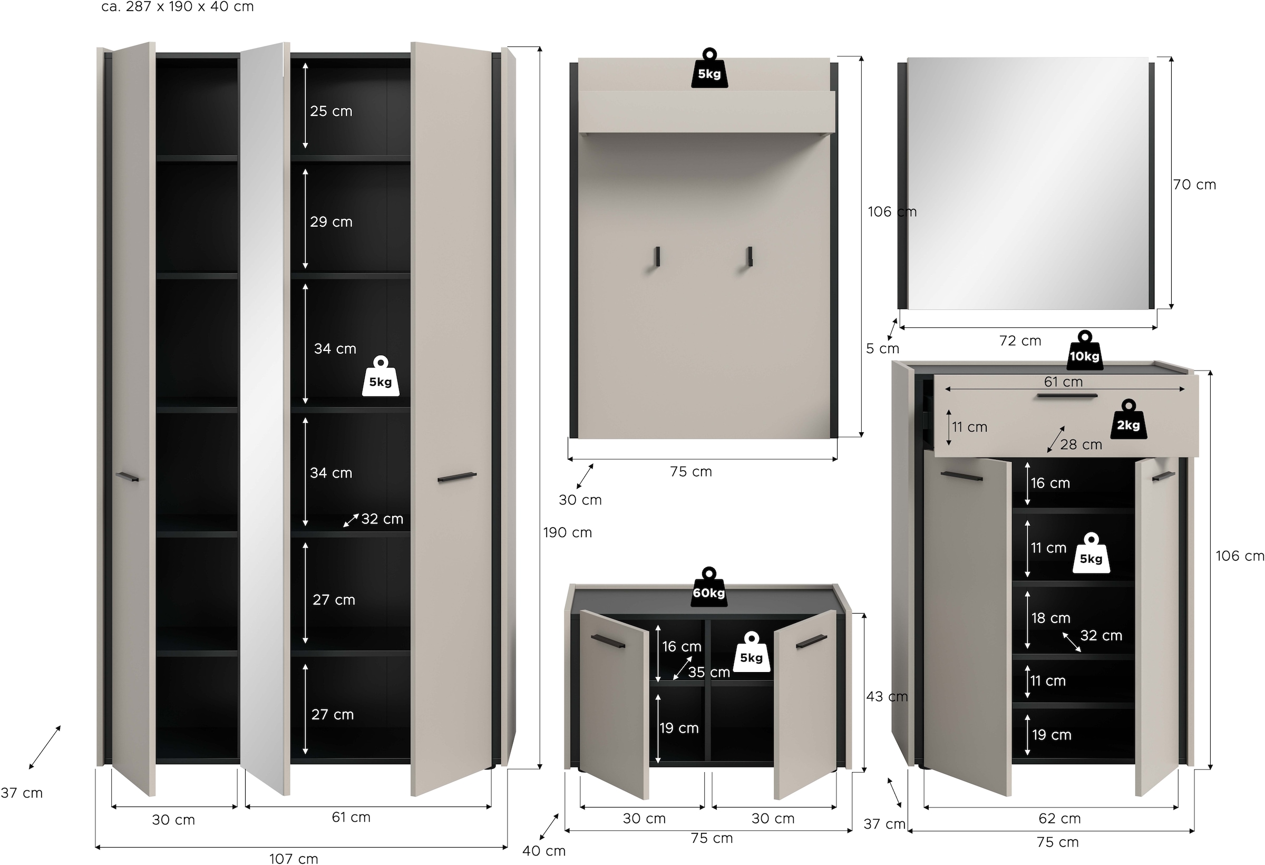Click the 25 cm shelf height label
(x=331, y=111)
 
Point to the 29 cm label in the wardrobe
(x=331, y=222)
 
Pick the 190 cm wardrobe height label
(x=567, y=532)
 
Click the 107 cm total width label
(x=294, y=859)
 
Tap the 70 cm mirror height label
(x=1194, y=184)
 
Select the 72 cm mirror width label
(x=1020, y=341)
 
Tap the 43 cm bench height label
(x=887, y=696)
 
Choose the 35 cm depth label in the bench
(x=709, y=672)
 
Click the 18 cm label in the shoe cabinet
(x=1050, y=618)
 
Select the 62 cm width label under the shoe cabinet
(x=1059, y=818)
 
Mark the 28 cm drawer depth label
(x=1081, y=445)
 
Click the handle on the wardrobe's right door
(x=456, y=477)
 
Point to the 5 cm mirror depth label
(x=882, y=348)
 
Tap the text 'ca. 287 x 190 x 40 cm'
(x=178, y=7)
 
